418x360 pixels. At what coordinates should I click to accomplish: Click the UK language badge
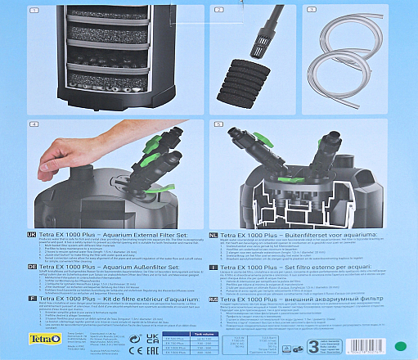(x=9, y=233)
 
